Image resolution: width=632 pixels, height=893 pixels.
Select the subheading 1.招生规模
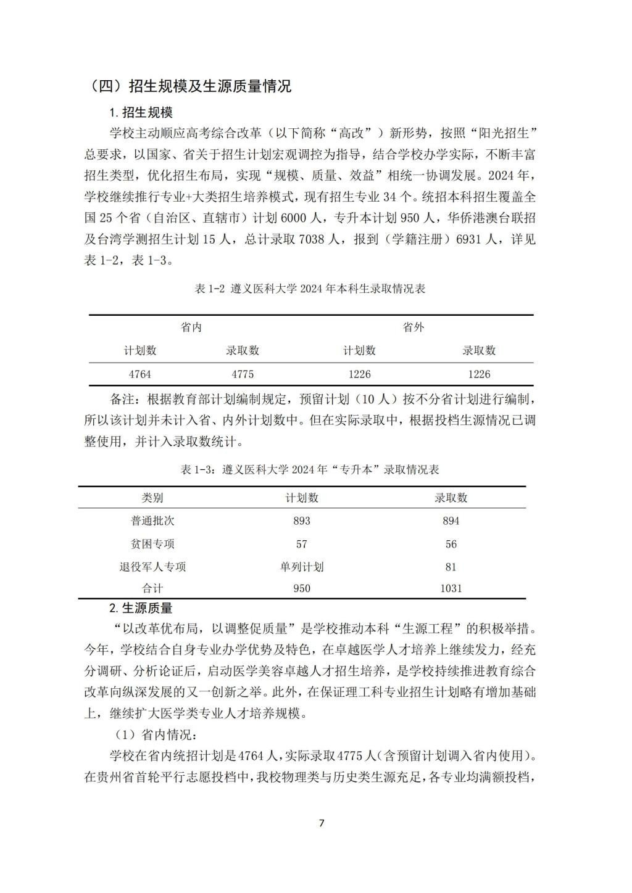[x=141, y=112]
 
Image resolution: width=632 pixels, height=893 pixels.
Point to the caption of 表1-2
[x=310, y=289]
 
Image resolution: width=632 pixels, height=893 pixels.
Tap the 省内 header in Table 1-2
[x=191, y=327]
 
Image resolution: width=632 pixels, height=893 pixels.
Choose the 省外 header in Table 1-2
[x=414, y=327]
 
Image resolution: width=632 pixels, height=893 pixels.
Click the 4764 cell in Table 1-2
[x=140, y=374]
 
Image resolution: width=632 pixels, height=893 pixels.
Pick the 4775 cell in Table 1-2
[x=243, y=374]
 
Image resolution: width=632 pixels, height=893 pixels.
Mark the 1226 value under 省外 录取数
[x=479, y=374]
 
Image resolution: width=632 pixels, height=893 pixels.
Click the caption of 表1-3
[x=310, y=470]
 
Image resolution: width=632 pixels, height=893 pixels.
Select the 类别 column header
[x=152, y=498]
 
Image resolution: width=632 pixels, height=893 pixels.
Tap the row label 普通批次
[x=152, y=521]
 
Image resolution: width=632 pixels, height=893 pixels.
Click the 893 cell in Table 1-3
[x=302, y=521]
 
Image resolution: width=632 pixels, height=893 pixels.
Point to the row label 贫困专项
[x=152, y=544]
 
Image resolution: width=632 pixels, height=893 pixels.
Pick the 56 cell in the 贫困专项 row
[x=451, y=544]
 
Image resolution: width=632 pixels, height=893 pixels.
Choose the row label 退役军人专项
[x=152, y=567]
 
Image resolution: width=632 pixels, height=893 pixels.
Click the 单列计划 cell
[x=302, y=567]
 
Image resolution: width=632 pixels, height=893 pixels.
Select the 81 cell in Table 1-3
[x=451, y=567]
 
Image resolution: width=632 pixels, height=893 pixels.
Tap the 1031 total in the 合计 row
[x=451, y=588]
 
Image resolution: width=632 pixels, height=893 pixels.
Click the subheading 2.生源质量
[x=141, y=608]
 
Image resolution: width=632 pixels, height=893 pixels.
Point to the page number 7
[x=321, y=823]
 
